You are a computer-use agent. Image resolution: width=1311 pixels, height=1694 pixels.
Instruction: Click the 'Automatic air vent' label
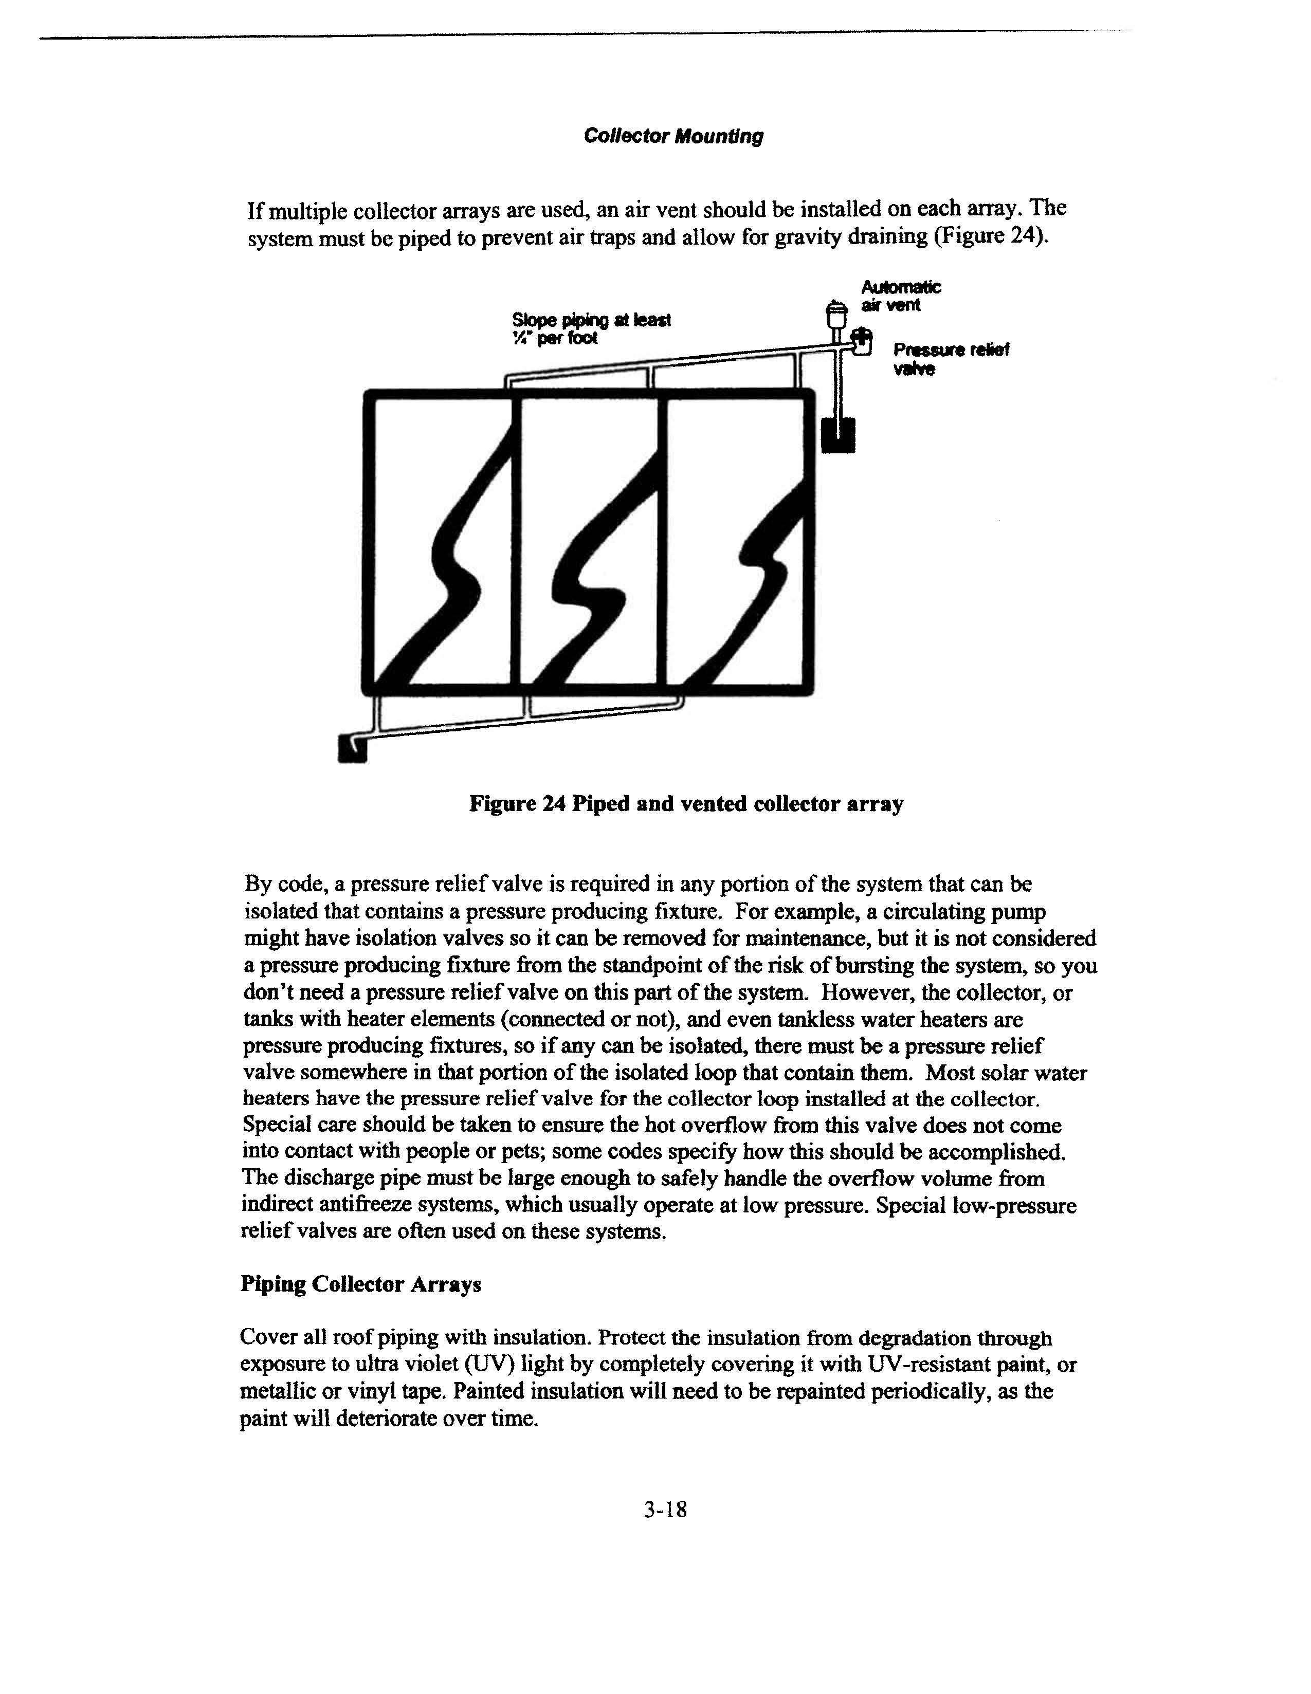[901, 296]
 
